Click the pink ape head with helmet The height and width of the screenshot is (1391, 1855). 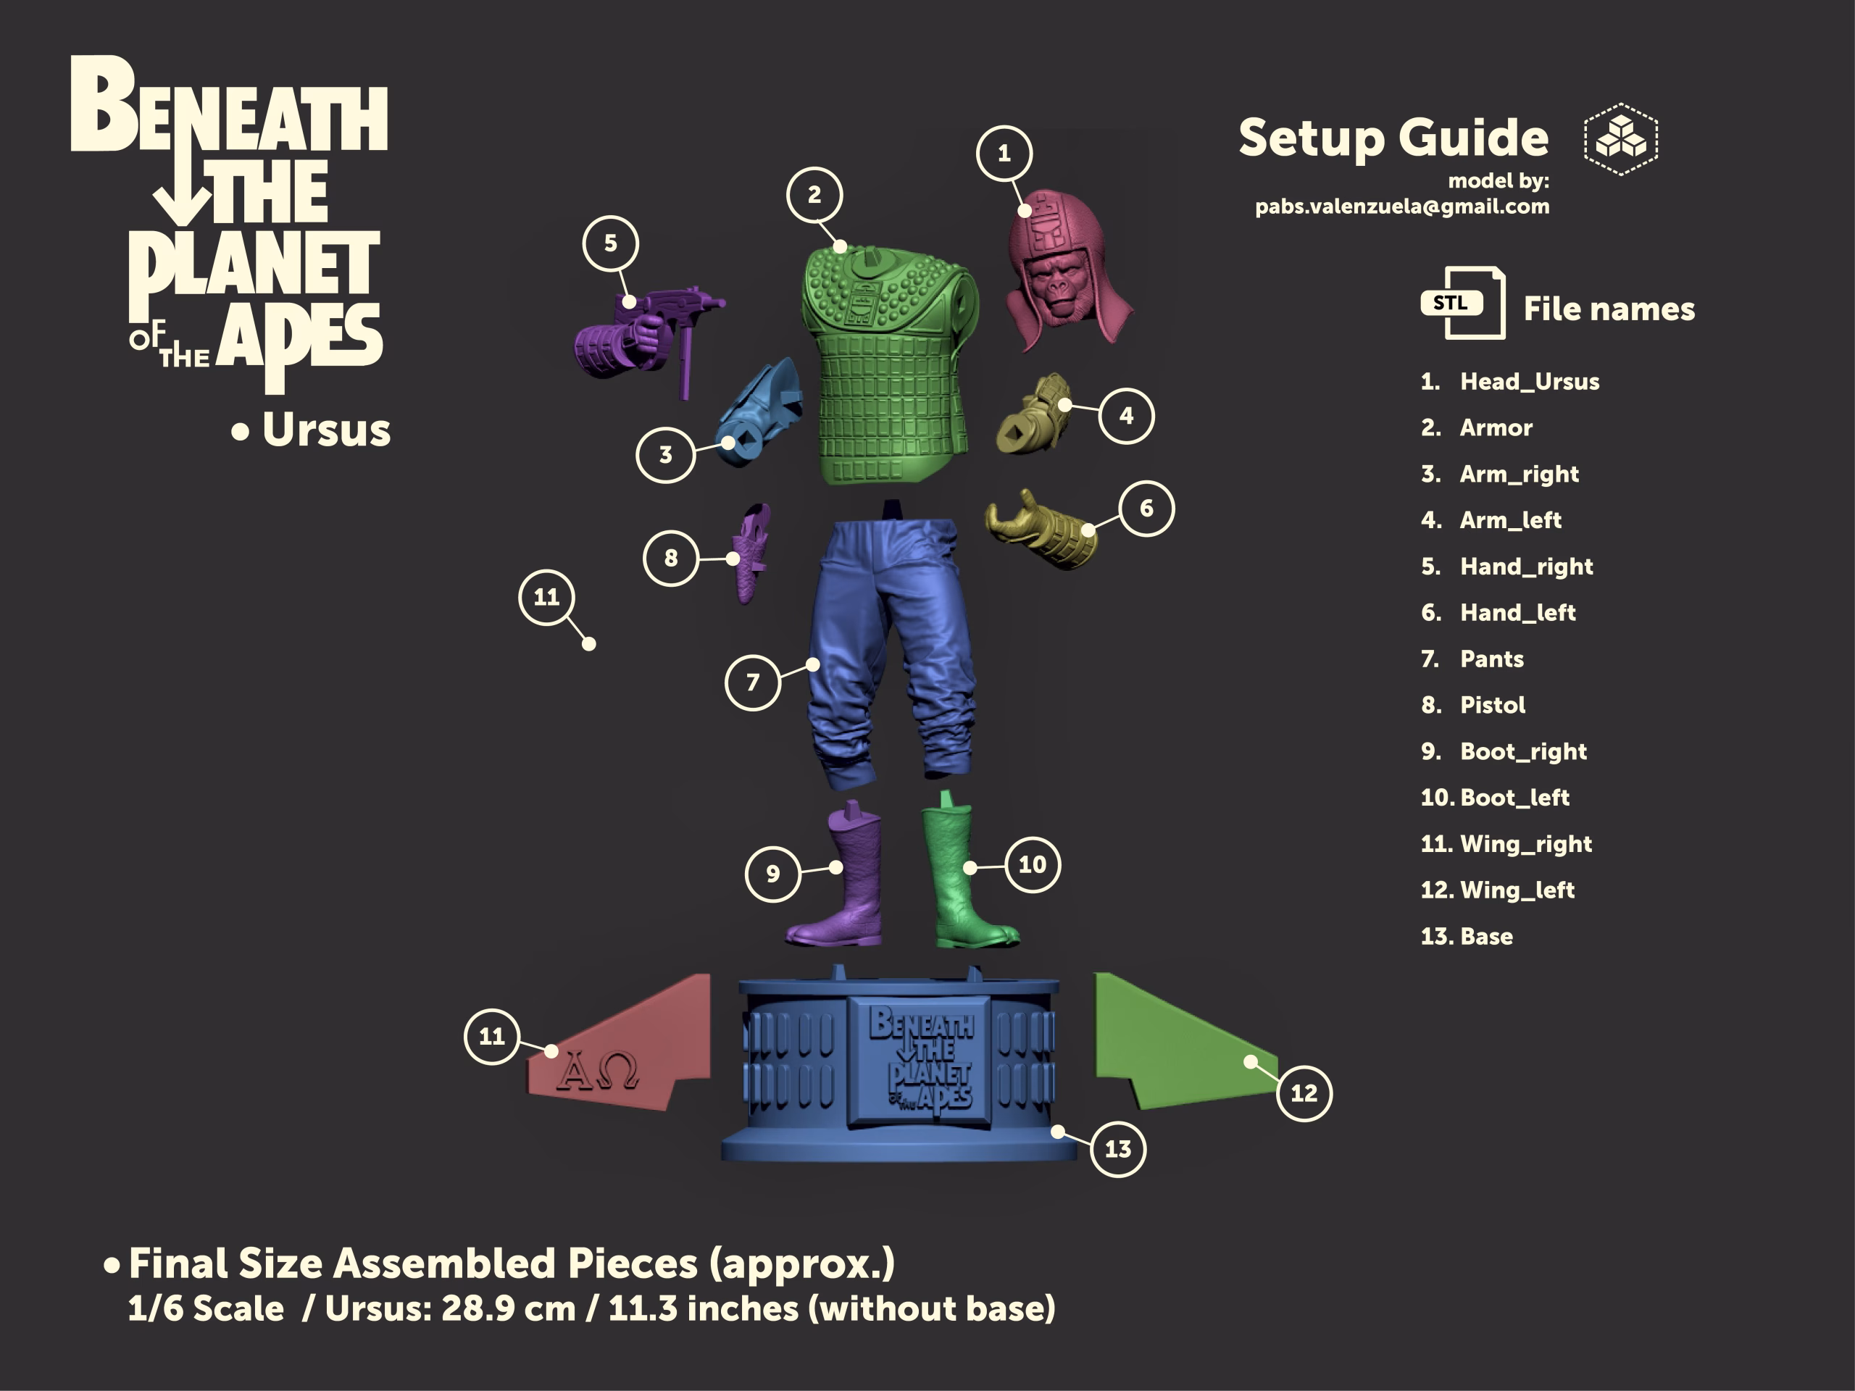[x=1065, y=268]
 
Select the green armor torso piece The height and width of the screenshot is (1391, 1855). [x=889, y=364]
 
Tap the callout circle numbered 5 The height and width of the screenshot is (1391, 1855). [x=611, y=243]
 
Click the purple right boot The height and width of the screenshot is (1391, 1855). [x=838, y=876]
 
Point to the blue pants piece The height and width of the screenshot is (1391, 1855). [x=889, y=650]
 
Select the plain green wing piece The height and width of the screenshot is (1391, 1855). [x=1183, y=1044]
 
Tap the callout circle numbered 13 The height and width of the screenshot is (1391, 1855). [x=1118, y=1149]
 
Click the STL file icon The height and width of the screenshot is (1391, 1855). [x=1462, y=303]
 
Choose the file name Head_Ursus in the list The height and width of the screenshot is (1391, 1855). [x=1530, y=382]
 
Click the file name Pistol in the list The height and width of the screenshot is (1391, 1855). [x=1493, y=705]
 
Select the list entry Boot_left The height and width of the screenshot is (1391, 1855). [x=1514, y=798]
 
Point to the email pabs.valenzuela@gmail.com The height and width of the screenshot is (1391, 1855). [x=1402, y=207]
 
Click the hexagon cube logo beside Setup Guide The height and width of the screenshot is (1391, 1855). [x=1621, y=139]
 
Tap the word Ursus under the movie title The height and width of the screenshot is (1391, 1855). [x=326, y=430]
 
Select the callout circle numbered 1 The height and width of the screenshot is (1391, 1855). [x=1004, y=154]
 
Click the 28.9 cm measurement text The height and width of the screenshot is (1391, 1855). [x=508, y=1309]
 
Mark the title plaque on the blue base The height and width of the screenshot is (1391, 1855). [x=920, y=1062]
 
